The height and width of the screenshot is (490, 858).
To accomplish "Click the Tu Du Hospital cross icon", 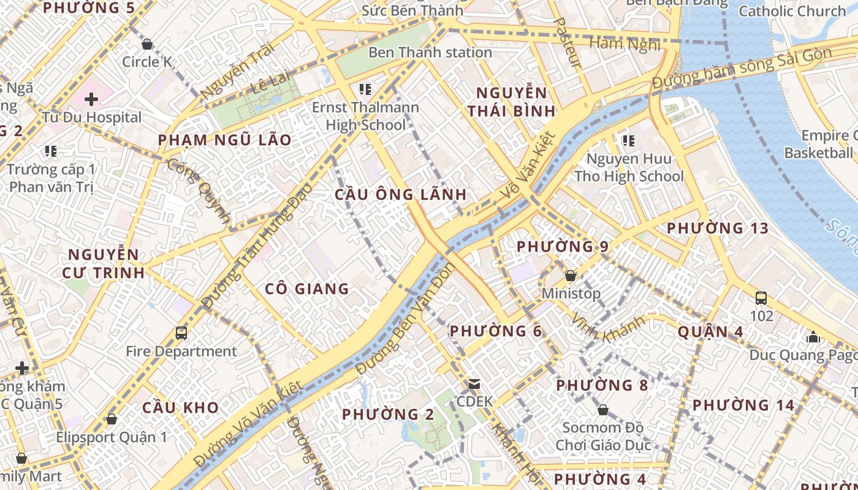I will point(91,99).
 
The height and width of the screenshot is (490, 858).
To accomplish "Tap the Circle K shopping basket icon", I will point(146,44).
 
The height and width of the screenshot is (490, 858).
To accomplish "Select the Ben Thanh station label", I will point(430,53).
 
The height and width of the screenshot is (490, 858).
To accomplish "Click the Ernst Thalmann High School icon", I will point(365,89).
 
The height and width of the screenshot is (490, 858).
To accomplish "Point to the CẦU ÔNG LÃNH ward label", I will point(401,195).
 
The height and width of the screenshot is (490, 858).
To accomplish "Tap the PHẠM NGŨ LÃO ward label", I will point(225,140).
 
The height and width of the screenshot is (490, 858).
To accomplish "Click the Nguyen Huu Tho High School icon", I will point(628,141).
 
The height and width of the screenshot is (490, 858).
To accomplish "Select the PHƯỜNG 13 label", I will point(717,228).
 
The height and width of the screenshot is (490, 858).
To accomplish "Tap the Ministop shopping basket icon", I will point(571,276).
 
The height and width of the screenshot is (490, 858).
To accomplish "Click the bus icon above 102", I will point(761,298).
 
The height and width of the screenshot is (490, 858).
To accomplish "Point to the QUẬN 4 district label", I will point(710,332).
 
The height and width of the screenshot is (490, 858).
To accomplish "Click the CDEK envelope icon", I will point(474,385).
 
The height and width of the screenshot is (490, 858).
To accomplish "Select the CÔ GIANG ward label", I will point(307,288).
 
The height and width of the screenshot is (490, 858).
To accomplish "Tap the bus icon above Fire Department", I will point(181,333).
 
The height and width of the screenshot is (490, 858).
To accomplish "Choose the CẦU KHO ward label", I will point(181,407).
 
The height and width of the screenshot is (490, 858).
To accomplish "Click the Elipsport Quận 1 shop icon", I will point(111,420).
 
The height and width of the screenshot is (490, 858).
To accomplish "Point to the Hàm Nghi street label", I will point(625,43).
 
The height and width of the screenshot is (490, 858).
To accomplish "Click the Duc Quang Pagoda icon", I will point(813,337).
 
